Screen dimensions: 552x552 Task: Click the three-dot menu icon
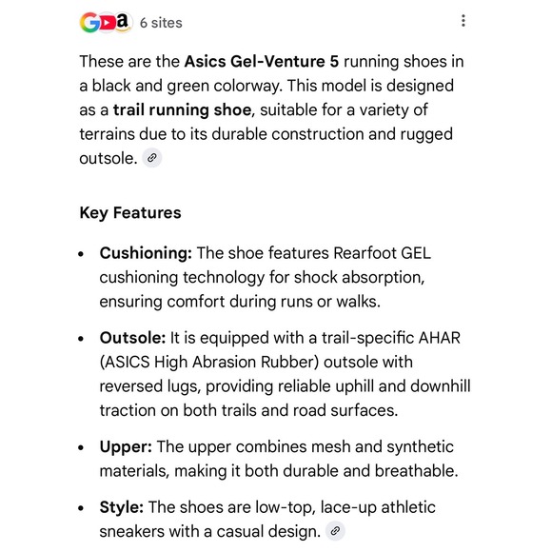click(463, 21)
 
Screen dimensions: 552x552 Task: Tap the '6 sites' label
click(160, 22)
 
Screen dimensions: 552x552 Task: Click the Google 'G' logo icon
click(89, 22)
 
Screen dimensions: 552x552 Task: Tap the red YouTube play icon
click(107, 22)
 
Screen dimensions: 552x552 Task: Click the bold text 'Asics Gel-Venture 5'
click(261, 62)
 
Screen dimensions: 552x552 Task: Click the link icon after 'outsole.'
click(151, 158)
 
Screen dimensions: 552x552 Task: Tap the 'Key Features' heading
click(129, 212)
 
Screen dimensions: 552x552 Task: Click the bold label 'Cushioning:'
click(146, 253)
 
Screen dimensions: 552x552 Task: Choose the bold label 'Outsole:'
click(132, 338)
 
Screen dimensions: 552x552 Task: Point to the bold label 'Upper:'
click(126, 446)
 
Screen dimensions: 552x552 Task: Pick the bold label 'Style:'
click(122, 507)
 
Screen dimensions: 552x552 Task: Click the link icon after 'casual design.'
click(334, 531)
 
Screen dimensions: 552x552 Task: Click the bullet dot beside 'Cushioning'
click(82, 254)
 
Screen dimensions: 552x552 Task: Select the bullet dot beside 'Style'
click(82, 508)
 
